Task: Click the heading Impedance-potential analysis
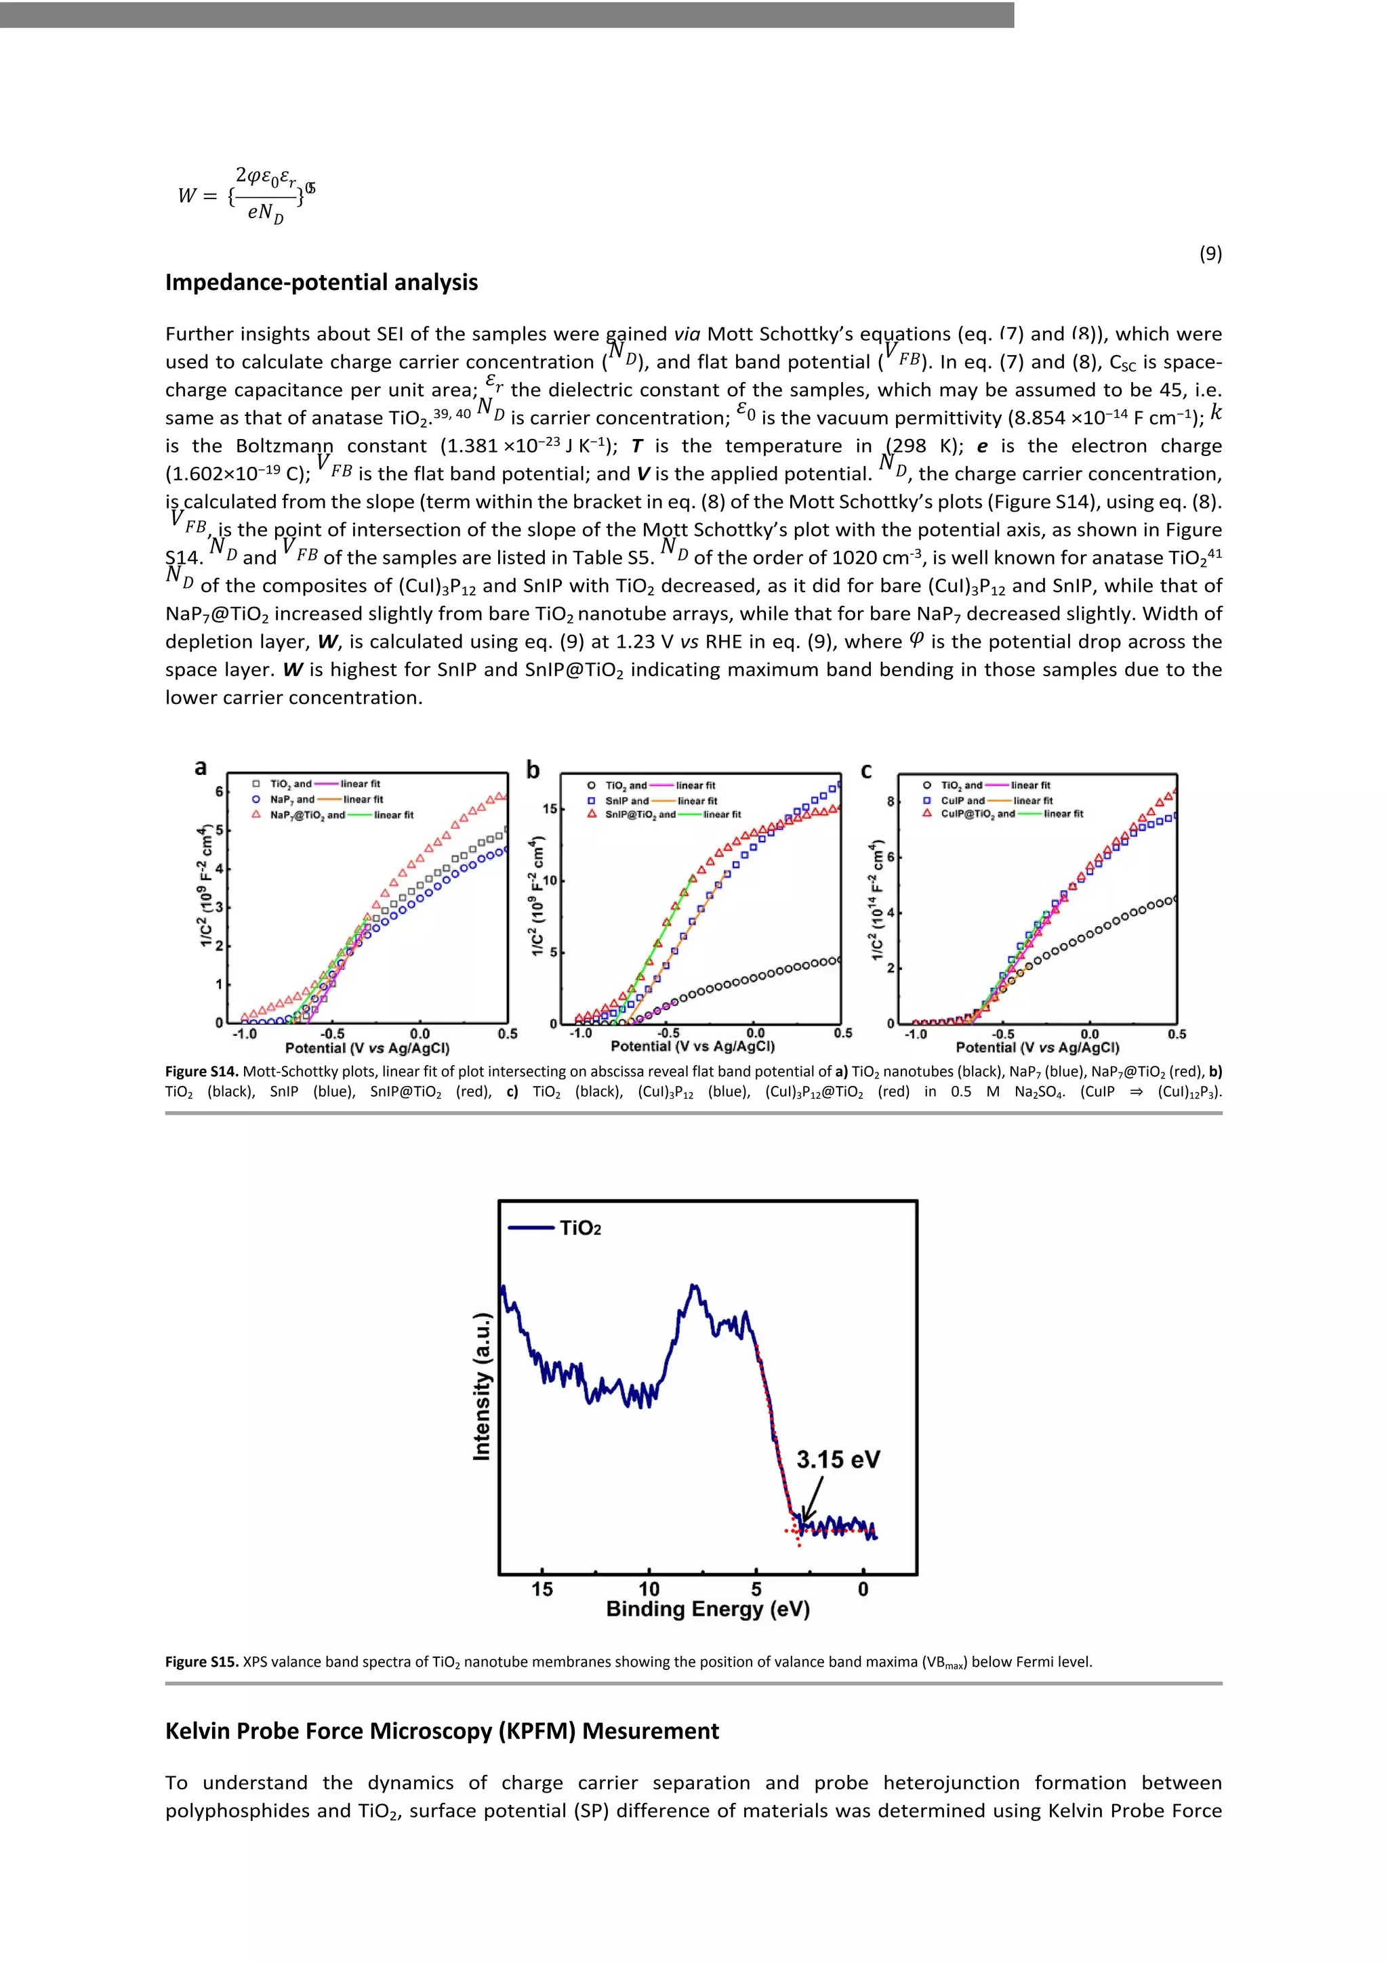coord(321,282)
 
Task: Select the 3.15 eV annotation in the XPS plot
coord(838,1459)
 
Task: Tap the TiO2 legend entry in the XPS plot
coord(579,1228)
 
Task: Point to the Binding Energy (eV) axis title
coord(708,1609)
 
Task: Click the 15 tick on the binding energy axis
coord(542,1589)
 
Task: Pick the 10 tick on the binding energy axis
coord(649,1589)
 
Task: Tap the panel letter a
coord(200,768)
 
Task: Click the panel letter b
coord(533,770)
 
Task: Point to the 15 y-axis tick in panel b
coord(550,808)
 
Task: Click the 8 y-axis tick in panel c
coord(891,801)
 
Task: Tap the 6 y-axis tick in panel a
coord(219,791)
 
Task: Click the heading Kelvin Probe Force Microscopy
coord(442,1730)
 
